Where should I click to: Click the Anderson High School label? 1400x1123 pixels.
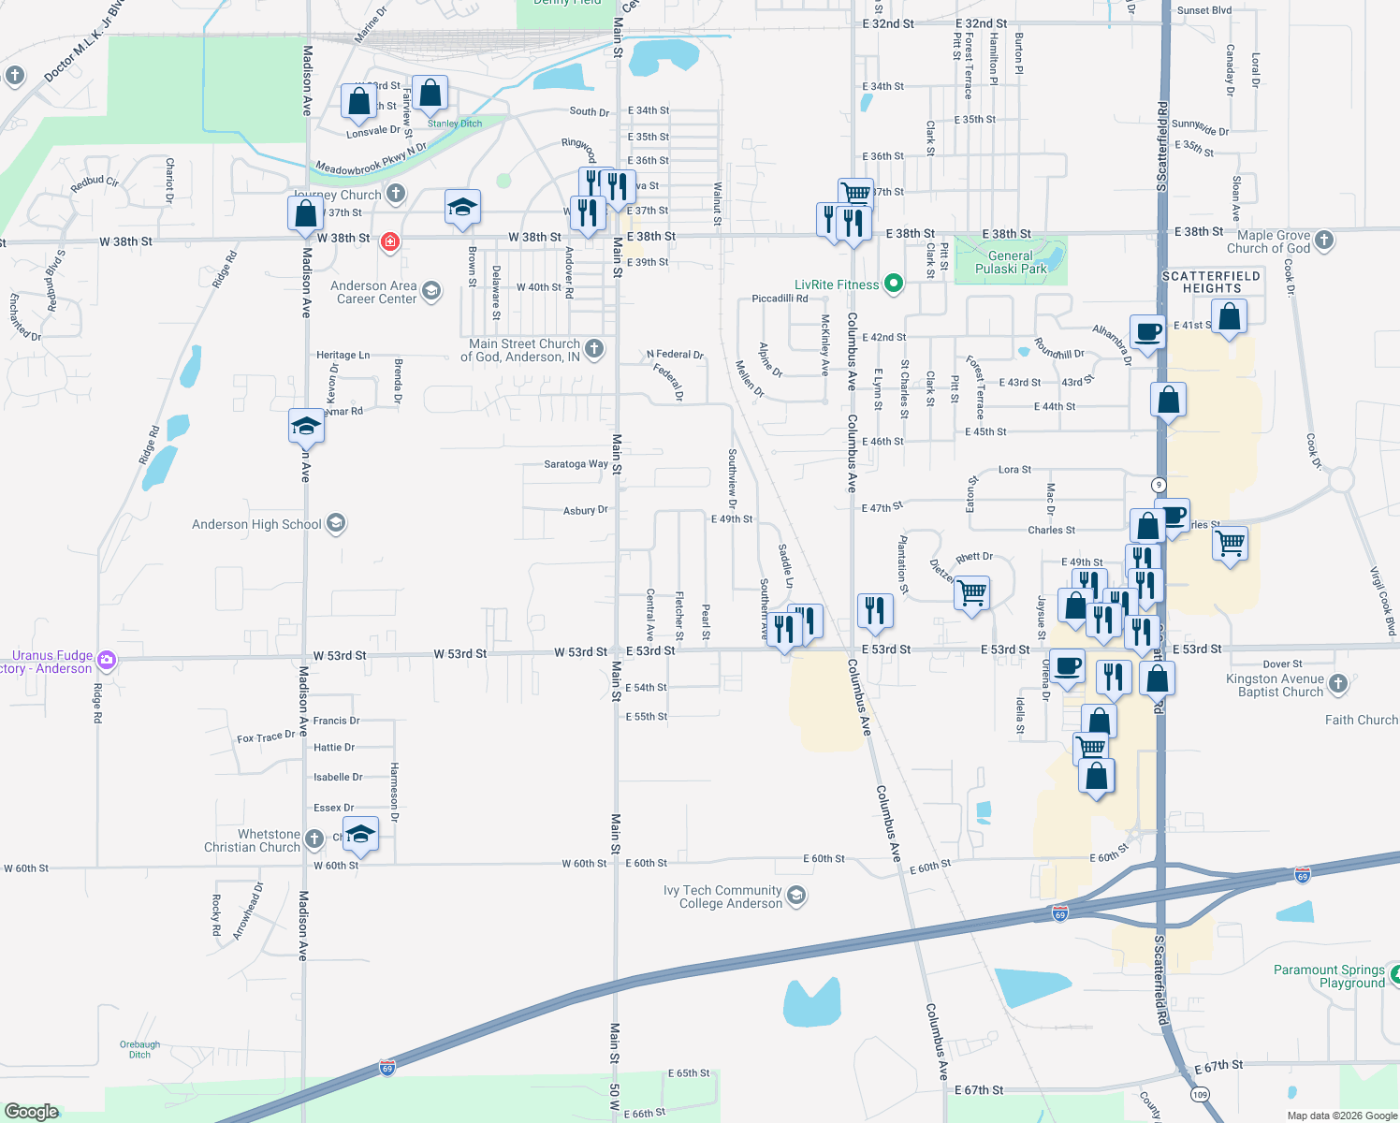(x=256, y=525)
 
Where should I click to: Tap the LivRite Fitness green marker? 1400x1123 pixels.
(x=894, y=284)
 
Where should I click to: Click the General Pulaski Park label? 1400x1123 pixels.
(x=1011, y=262)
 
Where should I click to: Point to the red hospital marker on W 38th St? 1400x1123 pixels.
(x=390, y=242)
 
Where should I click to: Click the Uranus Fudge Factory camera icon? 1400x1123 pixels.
(x=107, y=660)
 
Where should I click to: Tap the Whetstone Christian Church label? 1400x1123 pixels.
(x=253, y=840)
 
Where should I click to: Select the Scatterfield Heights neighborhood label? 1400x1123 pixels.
(x=1211, y=282)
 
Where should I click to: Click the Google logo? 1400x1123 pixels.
(x=32, y=1112)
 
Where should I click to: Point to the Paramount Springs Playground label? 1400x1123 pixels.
(x=1329, y=976)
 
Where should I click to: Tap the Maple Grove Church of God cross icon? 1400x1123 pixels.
(x=1324, y=241)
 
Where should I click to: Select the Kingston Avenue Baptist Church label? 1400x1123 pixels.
(x=1275, y=685)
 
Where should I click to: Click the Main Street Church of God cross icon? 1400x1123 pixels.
(x=594, y=349)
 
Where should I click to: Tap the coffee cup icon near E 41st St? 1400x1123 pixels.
(x=1147, y=330)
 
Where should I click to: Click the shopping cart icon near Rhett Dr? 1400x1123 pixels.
(x=972, y=591)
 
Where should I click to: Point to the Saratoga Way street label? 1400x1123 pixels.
(x=576, y=464)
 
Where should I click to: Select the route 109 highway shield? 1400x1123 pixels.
(x=1201, y=1094)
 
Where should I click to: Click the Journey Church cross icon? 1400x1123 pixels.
(x=396, y=194)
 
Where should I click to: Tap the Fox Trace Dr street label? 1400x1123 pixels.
(x=265, y=737)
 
